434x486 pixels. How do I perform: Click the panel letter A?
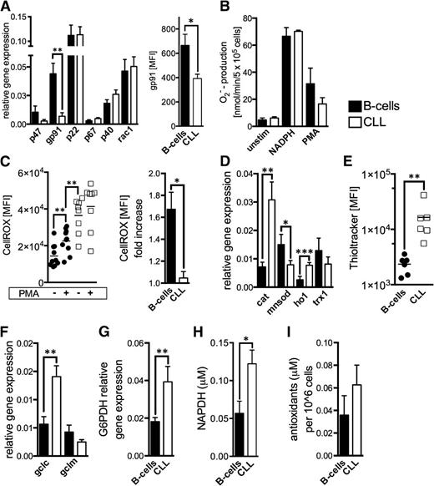click(x=7, y=8)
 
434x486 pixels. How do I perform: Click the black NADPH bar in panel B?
click(x=314, y=95)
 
